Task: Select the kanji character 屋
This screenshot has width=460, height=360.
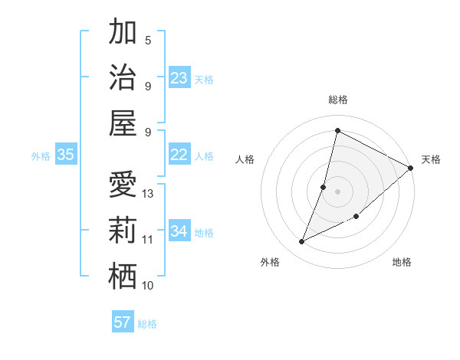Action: click(x=123, y=123)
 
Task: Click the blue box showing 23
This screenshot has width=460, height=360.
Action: click(x=179, y=78)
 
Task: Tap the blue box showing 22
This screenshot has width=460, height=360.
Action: click(x=179, y=155)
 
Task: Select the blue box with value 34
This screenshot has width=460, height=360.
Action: click(x=179, y=231)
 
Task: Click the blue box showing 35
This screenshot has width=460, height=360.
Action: click(x=65, y=155)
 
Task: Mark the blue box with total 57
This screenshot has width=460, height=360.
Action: click(x=123, y=322)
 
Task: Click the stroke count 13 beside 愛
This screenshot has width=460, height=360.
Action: click(x=149, y=194)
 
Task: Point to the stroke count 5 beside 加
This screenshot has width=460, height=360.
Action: click(x=148, y=41)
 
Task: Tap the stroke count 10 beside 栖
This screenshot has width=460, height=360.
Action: click(x=149, y=286)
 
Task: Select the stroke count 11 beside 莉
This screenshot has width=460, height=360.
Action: click(x=149, y=240)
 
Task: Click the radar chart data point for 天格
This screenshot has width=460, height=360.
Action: click(x=411, y=169)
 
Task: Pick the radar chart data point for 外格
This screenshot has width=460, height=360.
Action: click(x=301, y=242)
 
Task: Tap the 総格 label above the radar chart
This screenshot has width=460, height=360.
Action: click(x=338, y=100)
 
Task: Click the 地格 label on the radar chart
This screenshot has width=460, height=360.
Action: click(x=402, y=263)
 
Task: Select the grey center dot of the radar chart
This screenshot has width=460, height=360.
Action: click(x=337, y=191)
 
